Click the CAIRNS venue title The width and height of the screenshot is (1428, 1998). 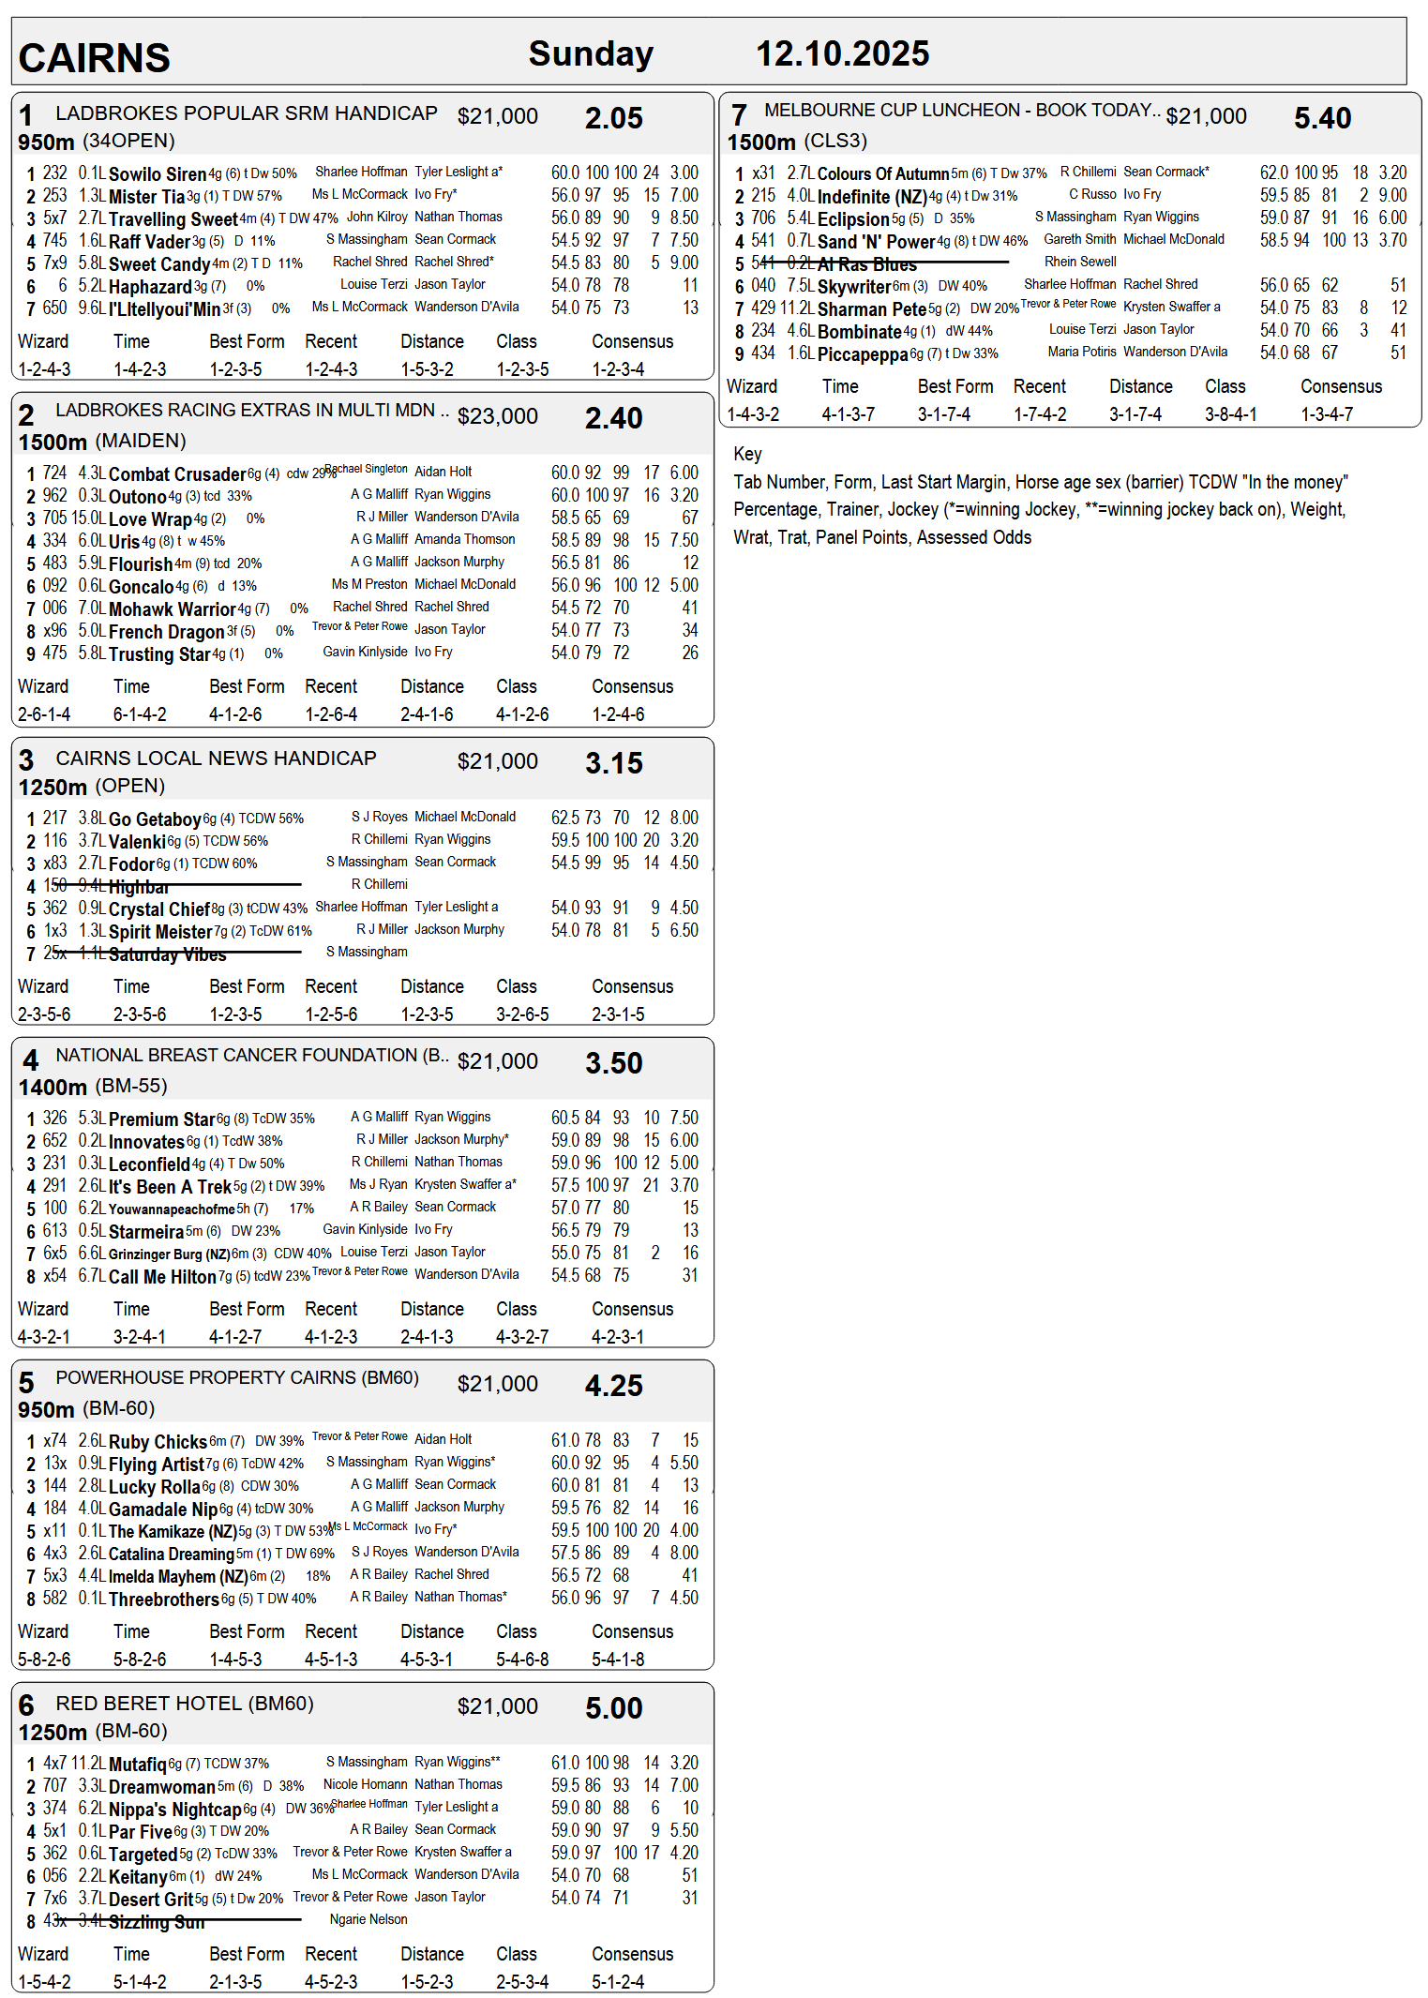point(94,58)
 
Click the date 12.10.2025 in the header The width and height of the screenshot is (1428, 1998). point(842,53)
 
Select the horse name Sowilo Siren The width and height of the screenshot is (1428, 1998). point(158,174)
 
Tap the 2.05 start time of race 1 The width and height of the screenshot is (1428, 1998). point(613,118)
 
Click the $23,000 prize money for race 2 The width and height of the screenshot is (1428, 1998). point(497,416)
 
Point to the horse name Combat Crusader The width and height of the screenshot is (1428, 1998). point(177,474)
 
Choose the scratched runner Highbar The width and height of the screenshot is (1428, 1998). point(139,887)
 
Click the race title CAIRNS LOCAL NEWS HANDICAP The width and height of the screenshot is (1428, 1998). point(216,759)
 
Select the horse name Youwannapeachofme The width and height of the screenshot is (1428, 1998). point(172,1209)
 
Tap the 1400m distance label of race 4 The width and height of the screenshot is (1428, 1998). point(53,1088)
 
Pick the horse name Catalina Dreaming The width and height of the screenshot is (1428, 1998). point(171,1555)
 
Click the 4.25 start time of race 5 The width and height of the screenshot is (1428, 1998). point(613,1386)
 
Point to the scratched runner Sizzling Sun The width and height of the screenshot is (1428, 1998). point(157,1922)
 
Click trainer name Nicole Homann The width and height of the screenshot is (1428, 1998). point(365,1784)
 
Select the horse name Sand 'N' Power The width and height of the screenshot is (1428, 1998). point(876,242)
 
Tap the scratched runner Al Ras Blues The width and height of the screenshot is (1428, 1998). point(866,264)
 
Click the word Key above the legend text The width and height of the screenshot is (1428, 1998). point(747,454)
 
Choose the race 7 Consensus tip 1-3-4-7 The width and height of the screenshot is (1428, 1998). point(1326,414)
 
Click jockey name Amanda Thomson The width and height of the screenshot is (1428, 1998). point(464,539)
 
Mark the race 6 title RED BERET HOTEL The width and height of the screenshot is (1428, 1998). point(184,1704)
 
